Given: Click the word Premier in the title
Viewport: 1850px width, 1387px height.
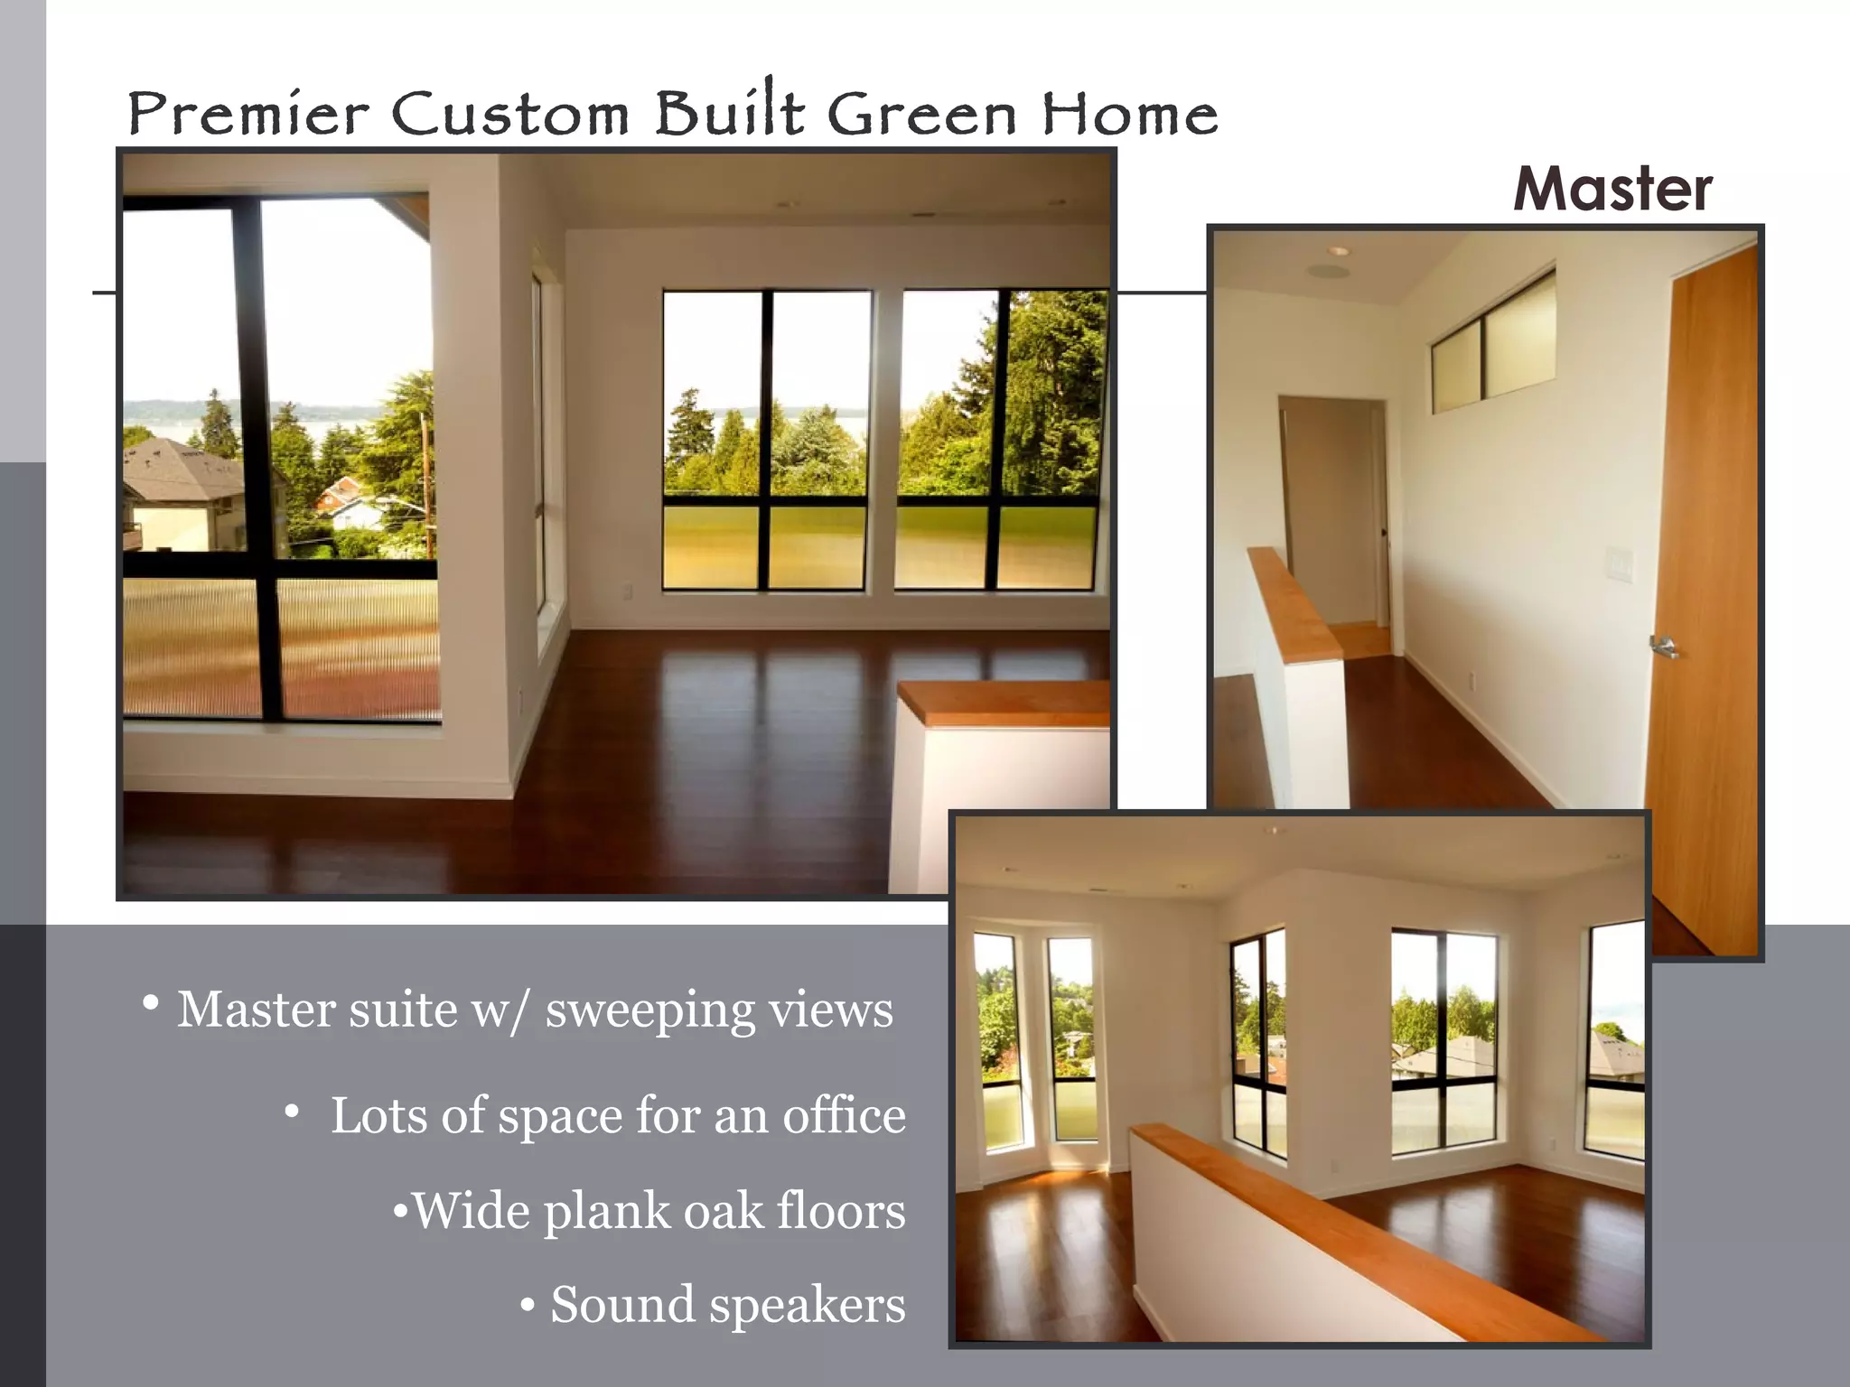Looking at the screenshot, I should tap(248, 116).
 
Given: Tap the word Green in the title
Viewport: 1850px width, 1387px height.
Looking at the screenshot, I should tap(921, 116).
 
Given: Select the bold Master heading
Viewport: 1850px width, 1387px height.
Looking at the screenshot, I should tap(1612, 190).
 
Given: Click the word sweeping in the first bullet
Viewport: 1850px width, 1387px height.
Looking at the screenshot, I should tap(649, 1011).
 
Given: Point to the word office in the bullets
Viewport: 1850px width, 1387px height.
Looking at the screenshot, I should tap(844, 1116).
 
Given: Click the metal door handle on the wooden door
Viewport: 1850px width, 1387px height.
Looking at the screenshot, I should tap(1663, 645).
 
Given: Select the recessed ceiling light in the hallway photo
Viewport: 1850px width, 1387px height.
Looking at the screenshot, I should tap(1338, 250).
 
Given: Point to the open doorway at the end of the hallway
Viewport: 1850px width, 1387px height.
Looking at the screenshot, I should tap(1333, 515).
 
